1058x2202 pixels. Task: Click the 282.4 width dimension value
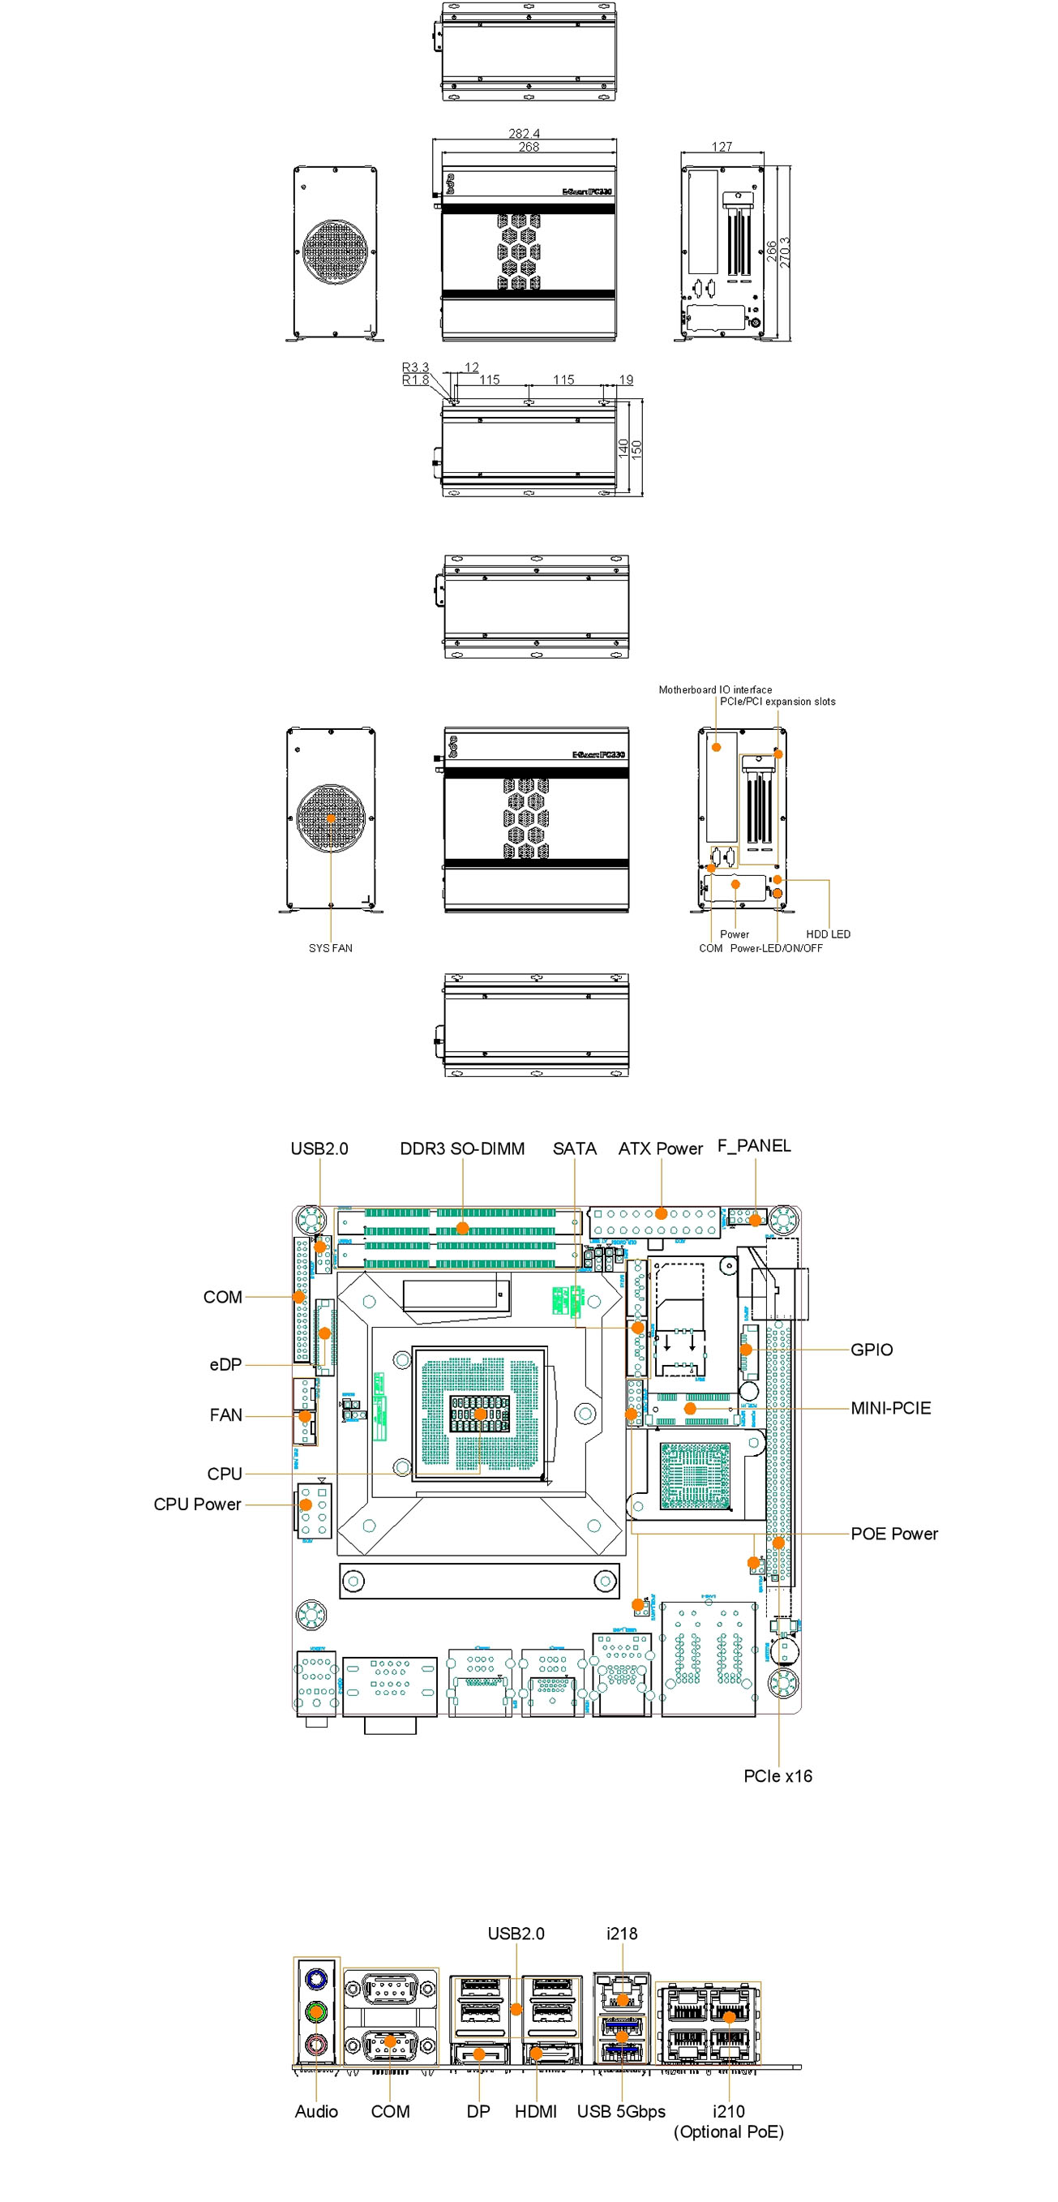tap(524, 133)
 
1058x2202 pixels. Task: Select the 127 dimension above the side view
tap(722, 146)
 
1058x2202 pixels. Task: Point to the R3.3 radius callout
tap(415, 367)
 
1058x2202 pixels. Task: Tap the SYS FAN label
tap(330, 948)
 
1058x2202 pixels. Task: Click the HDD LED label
tap(827, 934)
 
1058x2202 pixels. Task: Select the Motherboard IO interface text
tap(714, 689)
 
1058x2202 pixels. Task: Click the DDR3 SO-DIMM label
tap(461, 1148)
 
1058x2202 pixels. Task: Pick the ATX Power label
tap(660, 1148)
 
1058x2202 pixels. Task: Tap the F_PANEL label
tap(754, 1145)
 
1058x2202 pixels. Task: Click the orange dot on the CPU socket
tap(480, 1414)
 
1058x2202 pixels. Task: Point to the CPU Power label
tap(196, 1504)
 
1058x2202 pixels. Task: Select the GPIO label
tap(871, 1350)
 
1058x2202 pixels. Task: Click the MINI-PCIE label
tap(889, 1408)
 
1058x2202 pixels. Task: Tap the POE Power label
tap(893, 1534)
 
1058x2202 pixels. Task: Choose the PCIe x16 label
tap(777, 1775)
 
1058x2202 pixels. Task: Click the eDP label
tap(225, 1365)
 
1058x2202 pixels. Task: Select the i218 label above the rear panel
tap(621, 1933)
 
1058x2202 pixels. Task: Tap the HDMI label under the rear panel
tap(535, 2110)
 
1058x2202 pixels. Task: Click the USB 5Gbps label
tap(620, 2110)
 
